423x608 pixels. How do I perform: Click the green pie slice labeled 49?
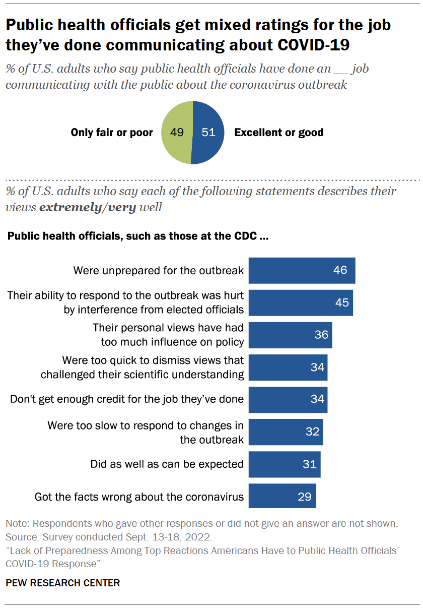point(176,133)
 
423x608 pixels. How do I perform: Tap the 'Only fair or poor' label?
point(112,133)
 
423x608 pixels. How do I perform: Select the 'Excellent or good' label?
point(278,133)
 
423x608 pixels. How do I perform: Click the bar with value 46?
point(302,270)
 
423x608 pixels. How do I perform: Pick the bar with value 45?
point(301,302)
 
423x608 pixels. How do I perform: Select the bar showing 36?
point(290,335)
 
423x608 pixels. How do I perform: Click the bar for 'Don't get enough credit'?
point(288,399)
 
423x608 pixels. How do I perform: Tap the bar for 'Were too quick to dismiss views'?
point(288,367)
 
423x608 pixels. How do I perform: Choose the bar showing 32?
point(286,432)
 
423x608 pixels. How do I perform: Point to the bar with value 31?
point(285,464)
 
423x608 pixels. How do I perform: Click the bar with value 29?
point(282,496)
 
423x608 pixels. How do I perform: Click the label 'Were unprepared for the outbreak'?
point(159,270)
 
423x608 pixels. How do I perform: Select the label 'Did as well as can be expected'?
point(167,464)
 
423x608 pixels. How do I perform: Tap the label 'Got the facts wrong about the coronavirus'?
point(139,497)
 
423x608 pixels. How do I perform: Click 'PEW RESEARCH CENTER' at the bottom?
point(63,583)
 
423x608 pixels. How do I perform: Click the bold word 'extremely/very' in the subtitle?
point(87,207)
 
